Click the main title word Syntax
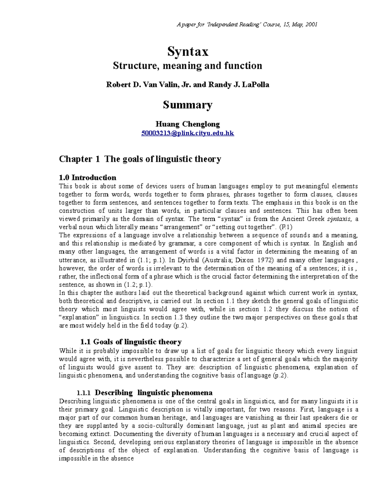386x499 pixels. coord(188,51)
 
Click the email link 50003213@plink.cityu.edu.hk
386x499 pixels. coord(188,133)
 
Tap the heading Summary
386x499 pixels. coord(188,105)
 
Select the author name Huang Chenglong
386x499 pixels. coord(188,124)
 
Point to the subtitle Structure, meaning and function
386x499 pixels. coord(188,66)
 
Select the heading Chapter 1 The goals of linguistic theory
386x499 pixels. coord(140,159)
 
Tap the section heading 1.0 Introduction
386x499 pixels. coord(87,178)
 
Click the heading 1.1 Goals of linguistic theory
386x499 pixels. coord(130,342)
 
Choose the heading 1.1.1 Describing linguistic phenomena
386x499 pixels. coord(144,393)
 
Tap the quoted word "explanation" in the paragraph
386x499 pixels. coord(78,317)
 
